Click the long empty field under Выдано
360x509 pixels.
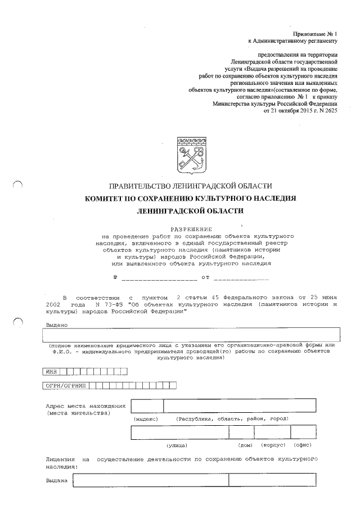192,334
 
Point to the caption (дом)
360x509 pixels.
246,445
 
